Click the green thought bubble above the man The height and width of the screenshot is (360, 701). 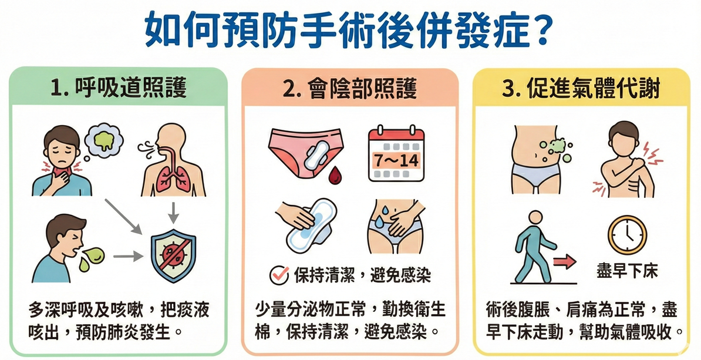coord(103,140)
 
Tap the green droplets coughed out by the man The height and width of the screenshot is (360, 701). coord(92,258)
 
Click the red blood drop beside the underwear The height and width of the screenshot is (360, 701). coord(335,176)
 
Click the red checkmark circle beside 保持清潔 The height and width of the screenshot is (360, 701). coord(279,275)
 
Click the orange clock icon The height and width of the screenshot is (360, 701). coord(627,235)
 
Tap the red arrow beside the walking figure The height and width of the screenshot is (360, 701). coord(565,261)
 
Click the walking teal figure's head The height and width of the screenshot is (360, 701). coord(535,218)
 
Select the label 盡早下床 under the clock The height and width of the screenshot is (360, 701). coord(627,271)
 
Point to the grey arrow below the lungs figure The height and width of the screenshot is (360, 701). coord(173,212)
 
